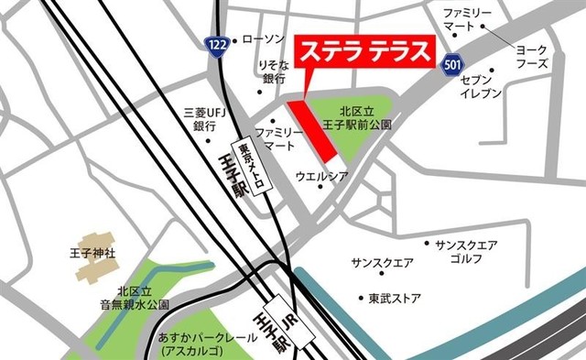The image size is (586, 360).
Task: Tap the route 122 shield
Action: pos(216,44)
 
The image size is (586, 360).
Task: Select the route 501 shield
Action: pos(450,65)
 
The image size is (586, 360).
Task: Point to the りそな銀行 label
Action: pos(274,72)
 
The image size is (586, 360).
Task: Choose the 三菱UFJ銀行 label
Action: pos(204,118)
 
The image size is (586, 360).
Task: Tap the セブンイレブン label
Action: pos(481,87)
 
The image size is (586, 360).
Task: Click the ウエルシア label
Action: pos(321,174)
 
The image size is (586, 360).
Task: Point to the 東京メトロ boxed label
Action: pos(251,166)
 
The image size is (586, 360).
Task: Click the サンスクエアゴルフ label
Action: pos(467,252)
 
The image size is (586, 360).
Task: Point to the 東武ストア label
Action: pos(395,299)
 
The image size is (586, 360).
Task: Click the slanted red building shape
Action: pos(316,136)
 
